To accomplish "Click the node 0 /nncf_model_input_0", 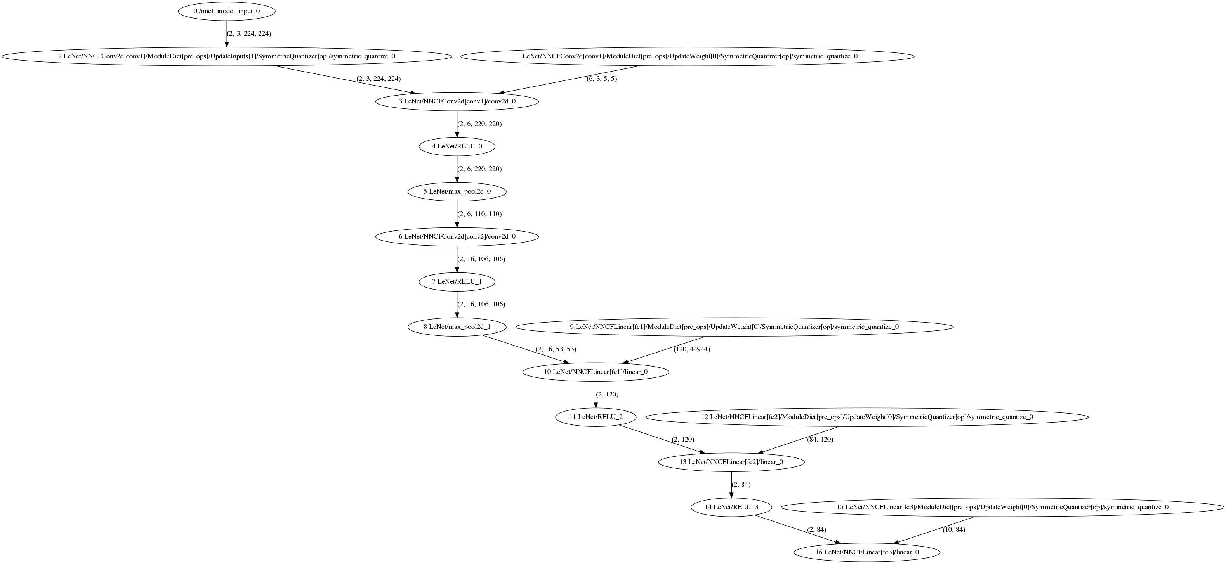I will click(227, 11).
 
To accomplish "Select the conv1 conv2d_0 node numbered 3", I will click(457, 101).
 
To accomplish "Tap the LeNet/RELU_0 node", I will click(457, 146).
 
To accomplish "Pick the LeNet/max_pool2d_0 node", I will click(457, 192).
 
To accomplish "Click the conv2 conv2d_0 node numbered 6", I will click(457, 236).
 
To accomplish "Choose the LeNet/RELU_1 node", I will click(457, 281).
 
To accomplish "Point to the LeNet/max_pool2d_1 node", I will click(457, 327).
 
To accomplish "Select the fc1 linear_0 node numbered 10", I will click(596, 372).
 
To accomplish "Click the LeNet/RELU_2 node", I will click(596, 417).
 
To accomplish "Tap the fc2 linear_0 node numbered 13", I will click(731, 462).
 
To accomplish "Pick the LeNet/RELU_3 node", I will click(731, 507).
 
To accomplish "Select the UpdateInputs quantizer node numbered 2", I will click(227, 56).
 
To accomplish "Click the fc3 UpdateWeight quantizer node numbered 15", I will click(1002, 507).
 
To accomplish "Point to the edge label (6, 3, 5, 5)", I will click(602, 79).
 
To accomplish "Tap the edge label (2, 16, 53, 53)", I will click(556, 349).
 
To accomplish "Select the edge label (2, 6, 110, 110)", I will click(479, 214).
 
